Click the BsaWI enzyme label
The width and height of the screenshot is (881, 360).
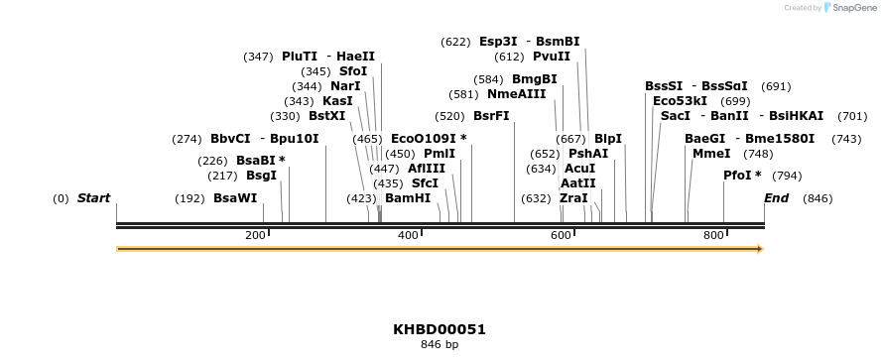tap(235, 198)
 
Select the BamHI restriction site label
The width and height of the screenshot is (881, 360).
tap(408, 198)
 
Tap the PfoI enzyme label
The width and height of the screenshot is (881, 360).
tap(742, 176)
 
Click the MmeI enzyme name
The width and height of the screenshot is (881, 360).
tap(711, 154)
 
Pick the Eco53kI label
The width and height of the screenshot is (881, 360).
tap(680, 101)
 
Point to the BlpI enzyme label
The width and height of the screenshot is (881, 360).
tap(607, 139)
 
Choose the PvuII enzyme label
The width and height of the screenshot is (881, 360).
tap(552, 57)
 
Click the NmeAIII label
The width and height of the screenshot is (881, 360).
tap(516, 94)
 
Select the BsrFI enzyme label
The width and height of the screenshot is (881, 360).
tap(491, 116)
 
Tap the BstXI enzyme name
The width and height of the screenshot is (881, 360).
tap(326, 116)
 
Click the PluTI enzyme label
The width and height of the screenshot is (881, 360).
tap(300, 57)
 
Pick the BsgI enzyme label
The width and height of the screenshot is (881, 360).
tap(261, 176)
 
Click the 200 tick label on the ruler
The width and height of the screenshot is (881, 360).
tap(255, 235)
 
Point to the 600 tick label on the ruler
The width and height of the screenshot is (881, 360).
tap(562, 235)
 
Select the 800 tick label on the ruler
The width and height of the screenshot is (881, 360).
tap(714, 235)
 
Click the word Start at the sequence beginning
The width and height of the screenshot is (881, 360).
tap(93, 198)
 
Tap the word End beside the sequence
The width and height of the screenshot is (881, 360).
tap(776, 198)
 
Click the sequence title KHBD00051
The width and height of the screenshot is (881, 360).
tap(440, 329)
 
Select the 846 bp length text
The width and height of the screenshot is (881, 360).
tap(440, 345)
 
